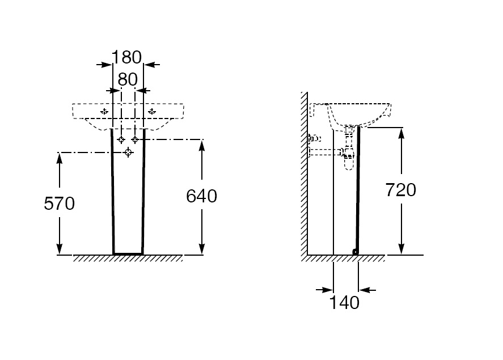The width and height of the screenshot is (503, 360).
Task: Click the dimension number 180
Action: pyautogui.click(x=126, y=58)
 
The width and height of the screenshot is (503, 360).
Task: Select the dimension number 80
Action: pyautogui.click(x=128, y=80)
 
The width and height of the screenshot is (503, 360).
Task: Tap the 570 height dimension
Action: pyautogui.click(x=60, y=204)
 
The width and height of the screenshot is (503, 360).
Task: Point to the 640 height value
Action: pyautogui.click(x=202, y=196)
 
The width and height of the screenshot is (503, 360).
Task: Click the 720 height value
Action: pyautogui.click(x=401, y=190)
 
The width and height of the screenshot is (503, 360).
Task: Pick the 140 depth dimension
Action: pyautogui.click(x=345, y=303)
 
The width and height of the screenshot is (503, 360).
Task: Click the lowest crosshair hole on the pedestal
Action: pyautogui.click(x=129, y=152)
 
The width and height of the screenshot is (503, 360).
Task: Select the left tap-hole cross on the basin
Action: pyautogui.click(x=104, y=111)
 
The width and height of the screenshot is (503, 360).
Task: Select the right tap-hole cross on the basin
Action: pyautogui.click(x=151, y=111)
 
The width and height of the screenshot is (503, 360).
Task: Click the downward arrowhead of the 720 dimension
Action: pyautogui.click(x=401, y=250)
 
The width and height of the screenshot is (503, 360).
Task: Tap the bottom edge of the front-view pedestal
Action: pyautogui.click(x=128, y=253)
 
